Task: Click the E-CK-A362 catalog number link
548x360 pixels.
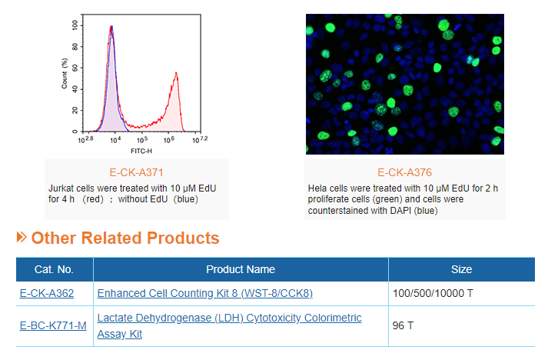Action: pyautogui.click(x=47, y=293)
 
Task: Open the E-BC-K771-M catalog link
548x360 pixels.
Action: pyautogui.click(x=53, y=325)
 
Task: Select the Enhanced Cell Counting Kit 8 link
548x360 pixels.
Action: pyautogui.click(x=204, y=293)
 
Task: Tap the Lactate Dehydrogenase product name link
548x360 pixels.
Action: pyautogui.click(x=229, y=325)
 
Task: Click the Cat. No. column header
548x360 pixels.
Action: pyautogui.click(x=54, y=269)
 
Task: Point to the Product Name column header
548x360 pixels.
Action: pyautogui.click(x=241, y=269)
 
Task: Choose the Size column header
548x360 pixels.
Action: pyautogui.click(x=461, y=269)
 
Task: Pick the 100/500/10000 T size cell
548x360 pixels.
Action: pyautogui.click(x=433, y=293)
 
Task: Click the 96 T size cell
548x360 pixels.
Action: pyautogui.click(x=403, y=325)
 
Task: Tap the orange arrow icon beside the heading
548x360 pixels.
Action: pyautogui.click(x=22, y=237)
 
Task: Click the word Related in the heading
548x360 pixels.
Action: pyautogui.click(x=111, y=238)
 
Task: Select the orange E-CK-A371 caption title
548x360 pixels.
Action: pyautogui.click(x=136, y=172)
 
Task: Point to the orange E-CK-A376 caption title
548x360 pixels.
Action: pyautogui.click(x=405, y=172)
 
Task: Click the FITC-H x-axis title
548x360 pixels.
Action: pyautogui.click(x=141, y=151)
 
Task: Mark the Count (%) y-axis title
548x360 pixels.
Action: pyautogui.click(x=65, y=74)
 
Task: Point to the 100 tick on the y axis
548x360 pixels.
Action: pyautogui.click(x=75, y=25)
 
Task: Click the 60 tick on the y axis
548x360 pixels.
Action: pyautogui.click(x=75, y=68)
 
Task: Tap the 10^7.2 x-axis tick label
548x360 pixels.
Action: pyautogui.click(x=200, y=140)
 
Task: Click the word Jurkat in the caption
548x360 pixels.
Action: pyautogui.click(x=61, y=188)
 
